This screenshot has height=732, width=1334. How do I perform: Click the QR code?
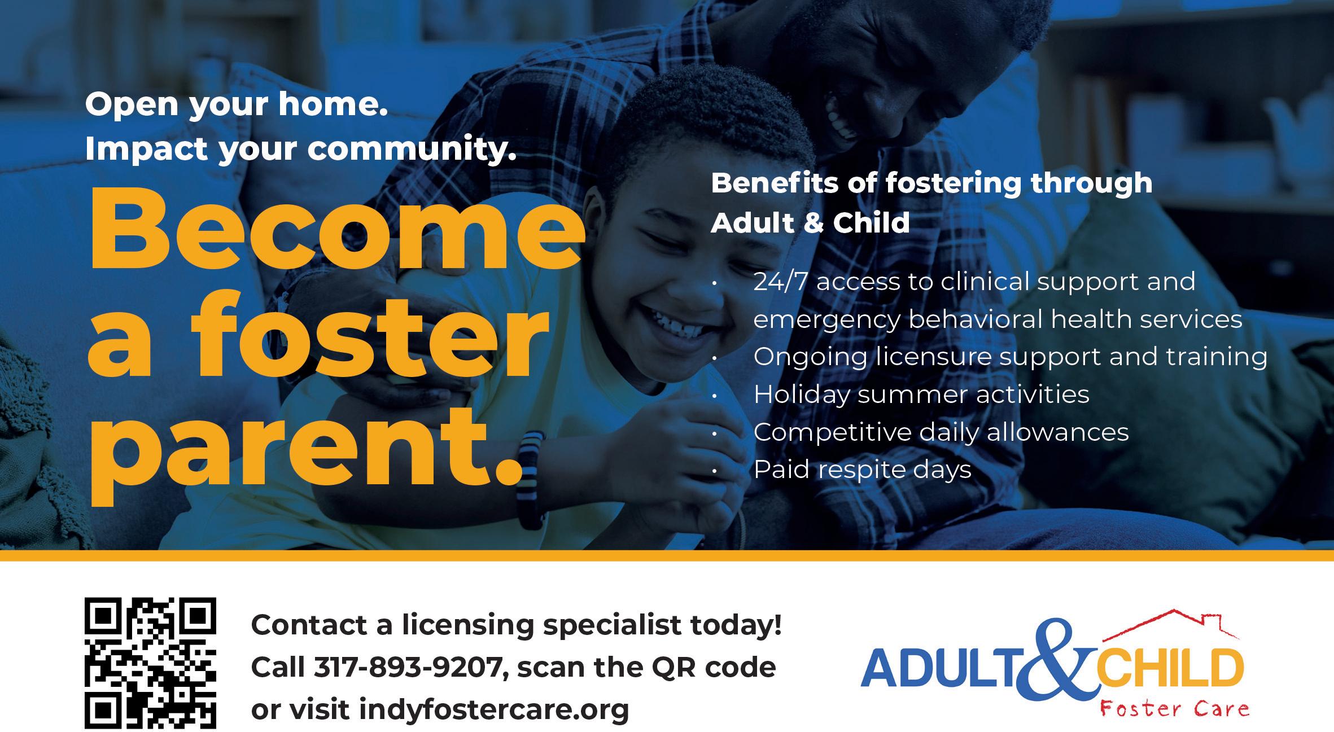point(151,663)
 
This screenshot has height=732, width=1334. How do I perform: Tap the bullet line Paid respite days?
point(863,470)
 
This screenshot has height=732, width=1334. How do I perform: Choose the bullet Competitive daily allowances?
point(941,432)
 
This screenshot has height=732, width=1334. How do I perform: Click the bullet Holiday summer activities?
point(921,395)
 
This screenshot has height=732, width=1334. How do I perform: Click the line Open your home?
point(237,106)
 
